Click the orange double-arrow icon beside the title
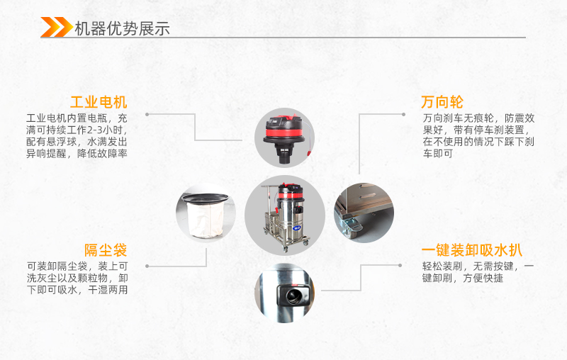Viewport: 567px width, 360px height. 57,27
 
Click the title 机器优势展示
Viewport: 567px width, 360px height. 122,28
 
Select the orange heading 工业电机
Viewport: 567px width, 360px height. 99,102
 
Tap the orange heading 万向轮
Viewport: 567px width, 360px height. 442,102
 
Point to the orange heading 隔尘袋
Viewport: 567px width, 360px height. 106,250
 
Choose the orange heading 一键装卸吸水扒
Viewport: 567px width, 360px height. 471,250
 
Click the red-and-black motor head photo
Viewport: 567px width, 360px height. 284,137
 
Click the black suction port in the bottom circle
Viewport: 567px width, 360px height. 293,294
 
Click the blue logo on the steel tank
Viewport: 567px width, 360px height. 296,228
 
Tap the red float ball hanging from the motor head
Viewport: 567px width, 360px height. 309,153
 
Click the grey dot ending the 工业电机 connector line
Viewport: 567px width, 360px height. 147,115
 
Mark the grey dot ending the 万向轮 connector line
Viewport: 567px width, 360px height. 403,115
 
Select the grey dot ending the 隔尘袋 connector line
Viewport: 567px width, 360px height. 147,266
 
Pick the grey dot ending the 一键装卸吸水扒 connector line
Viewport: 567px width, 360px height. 400,265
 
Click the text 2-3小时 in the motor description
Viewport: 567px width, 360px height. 104,130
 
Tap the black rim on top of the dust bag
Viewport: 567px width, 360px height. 206,198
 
